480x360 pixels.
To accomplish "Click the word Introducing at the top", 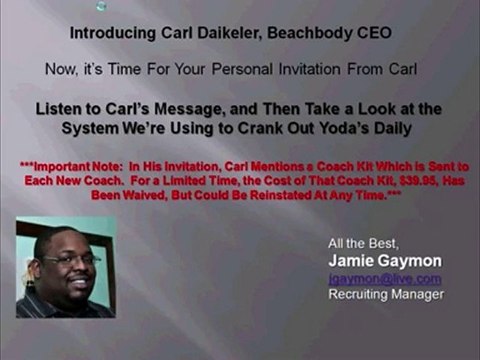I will (110, 33).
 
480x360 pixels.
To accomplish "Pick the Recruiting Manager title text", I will (385, 294).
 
